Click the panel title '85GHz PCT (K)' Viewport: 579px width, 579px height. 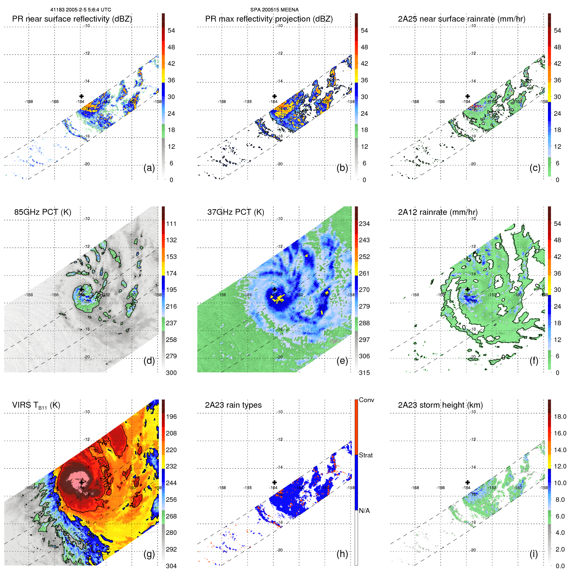(x=43, y=212)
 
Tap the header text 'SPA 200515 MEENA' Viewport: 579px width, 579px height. (x=274, y=10)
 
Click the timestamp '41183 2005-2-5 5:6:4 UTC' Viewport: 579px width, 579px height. (x=80, y=10)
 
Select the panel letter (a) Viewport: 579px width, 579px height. (x=149, y=168)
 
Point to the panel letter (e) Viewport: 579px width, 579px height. (x=342, y=361)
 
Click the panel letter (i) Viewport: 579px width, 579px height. (x=534, y=554)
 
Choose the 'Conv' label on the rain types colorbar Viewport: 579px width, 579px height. (x=366, y=400)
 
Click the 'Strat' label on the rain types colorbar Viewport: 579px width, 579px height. (x=366, y=455)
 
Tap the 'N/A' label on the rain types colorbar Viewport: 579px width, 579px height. (x=365, y=511)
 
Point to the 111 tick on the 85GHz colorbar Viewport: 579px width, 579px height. (x=171, y=224)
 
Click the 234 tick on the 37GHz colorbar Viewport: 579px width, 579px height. (x=364, y=224)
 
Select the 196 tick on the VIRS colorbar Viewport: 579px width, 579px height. (x=171, y=417)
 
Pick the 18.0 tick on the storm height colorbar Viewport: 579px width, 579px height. (x=560, y=417)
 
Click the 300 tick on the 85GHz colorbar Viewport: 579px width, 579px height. (x=171, y=373)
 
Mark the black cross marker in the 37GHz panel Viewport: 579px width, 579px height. (x=275, y=289)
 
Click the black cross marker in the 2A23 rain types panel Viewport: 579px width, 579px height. (x=275, y=482)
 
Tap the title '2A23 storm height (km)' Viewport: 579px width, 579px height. (x=440, y=405)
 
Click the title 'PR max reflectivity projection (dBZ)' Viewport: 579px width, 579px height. (x=269, y=19)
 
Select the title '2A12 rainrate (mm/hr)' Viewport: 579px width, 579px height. (x=438, y=212)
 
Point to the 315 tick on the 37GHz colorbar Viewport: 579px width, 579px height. (x=364, y=373)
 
